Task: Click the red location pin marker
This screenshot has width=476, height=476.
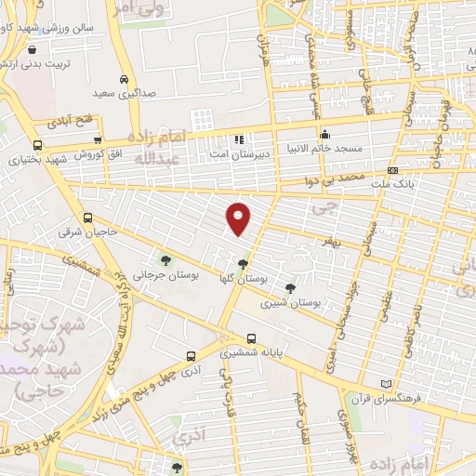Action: [x=240, y=218]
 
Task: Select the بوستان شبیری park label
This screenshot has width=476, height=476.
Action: [x=290, y=303]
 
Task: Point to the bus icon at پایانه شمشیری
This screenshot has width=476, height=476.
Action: [x=251, y=338]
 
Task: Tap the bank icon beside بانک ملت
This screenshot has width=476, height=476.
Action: [x=393, y=170]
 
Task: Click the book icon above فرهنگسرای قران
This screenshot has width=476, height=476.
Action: [x=388, y=385]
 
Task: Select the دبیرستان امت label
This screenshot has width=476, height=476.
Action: [x=239, y=152]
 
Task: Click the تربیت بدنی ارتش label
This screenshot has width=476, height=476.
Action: [x=33, y=65]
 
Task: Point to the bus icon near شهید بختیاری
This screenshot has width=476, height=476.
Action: [x=38, y=145]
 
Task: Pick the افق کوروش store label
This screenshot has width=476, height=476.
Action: [x=97, y=155]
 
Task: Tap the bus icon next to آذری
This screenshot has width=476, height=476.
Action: [x=191, y=355]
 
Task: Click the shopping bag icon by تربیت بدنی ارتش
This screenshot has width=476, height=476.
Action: [x=33, y=49]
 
